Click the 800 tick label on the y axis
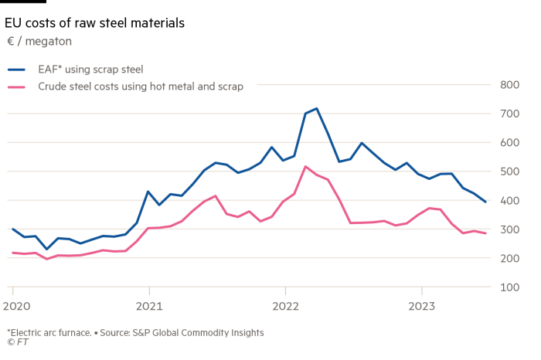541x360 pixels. coord(509,85)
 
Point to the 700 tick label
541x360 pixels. coord(509,114)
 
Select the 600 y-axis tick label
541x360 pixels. coord(509,143)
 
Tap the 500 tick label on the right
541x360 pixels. coord(509,172)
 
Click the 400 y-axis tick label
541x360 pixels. coord(509,201)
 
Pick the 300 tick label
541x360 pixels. coord(509,229)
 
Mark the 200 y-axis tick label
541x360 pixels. coord(509,259)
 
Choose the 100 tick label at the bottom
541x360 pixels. coord(509,287)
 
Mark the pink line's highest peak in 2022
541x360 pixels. coord(305,166)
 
